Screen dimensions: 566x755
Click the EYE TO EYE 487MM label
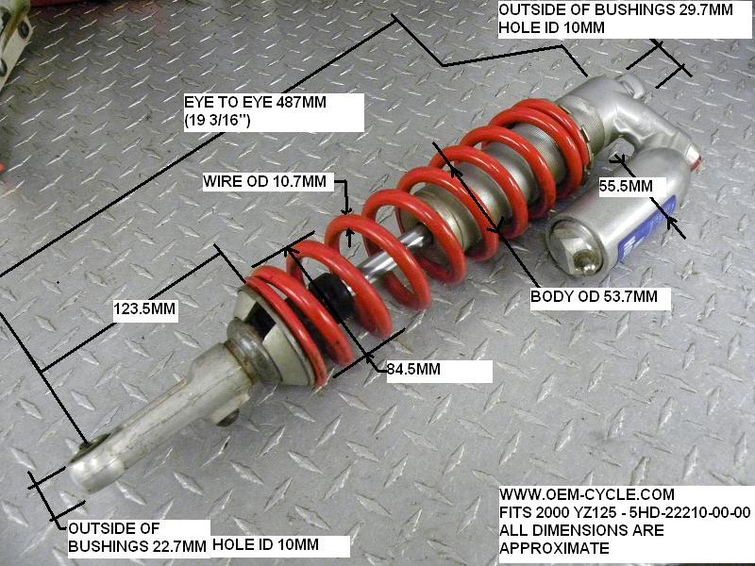point(255,103)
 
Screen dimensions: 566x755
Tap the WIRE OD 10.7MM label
point(265,180)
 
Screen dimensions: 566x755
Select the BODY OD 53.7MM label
point(600,297)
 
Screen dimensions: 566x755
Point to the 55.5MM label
point(625,187)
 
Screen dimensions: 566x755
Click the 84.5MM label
point(415,369)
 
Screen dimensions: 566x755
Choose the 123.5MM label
point(144,308)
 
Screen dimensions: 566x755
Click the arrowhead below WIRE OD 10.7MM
point(347,212)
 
